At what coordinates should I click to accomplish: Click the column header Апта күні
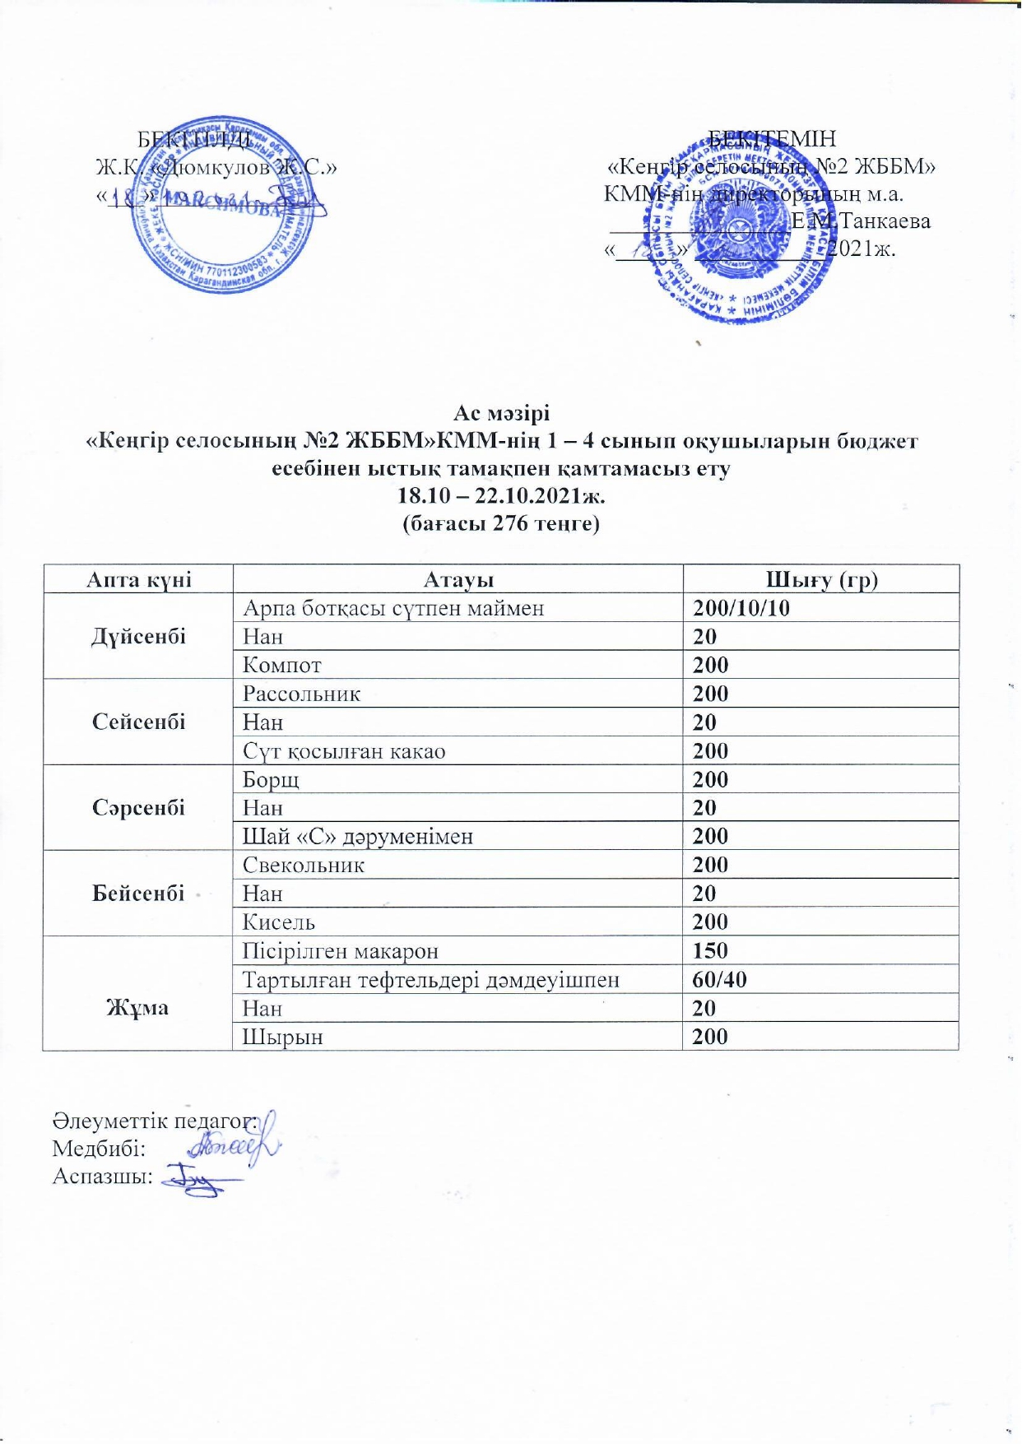(139, 580)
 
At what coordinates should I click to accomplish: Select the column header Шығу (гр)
(821, 580)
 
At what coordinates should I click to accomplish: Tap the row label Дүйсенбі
(139, 637)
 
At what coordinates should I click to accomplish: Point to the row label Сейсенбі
(139, 722)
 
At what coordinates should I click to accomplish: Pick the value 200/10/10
(741, 609)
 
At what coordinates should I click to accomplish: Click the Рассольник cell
(301, 694)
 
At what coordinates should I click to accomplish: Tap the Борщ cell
(271, 780)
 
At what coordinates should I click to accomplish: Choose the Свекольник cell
(304, 866)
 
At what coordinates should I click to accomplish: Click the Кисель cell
(279, 922)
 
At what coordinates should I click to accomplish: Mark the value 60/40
(720, 980)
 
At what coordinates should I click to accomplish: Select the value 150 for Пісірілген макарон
(710, 951)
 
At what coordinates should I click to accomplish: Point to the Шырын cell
(282, 1037)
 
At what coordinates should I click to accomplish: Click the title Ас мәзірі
(501, 413)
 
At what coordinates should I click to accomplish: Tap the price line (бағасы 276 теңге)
(500, 523)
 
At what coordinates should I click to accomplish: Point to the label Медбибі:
(99, 1149)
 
